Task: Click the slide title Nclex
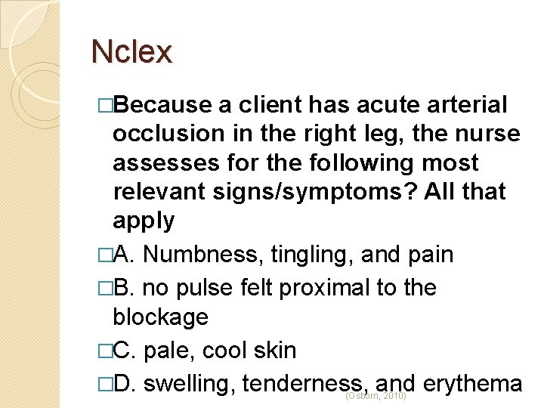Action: pos(131,52)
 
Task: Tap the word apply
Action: pos(144,221)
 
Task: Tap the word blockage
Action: pos(160,317)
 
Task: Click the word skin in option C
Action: pos(274,351)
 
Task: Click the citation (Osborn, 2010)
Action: pos(376,396)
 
